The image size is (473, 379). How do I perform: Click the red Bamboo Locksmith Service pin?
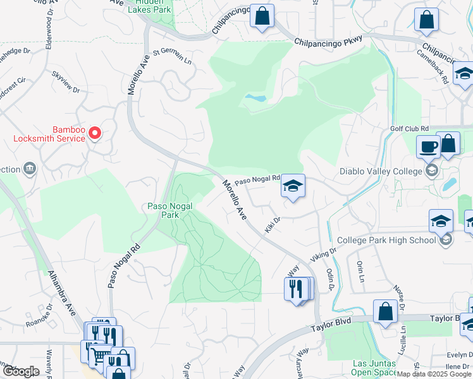click(95, 132)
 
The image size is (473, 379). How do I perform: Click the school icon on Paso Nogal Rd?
click(293, 186)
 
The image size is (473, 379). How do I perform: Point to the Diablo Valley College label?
click(381, 171)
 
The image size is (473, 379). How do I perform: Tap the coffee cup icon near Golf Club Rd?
click(428, 147)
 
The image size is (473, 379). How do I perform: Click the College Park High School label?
click(386, 240)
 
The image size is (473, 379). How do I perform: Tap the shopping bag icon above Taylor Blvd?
click(385, 311)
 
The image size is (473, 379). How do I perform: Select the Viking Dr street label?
click(323, 255)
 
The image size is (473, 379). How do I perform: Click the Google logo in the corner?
click(21, 371)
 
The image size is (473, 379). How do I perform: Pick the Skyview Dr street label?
click(66, 81)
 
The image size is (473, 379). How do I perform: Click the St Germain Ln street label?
click(171, 55)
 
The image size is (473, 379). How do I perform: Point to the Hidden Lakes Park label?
click(149, 7)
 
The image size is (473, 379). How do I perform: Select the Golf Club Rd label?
click(409, 128)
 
